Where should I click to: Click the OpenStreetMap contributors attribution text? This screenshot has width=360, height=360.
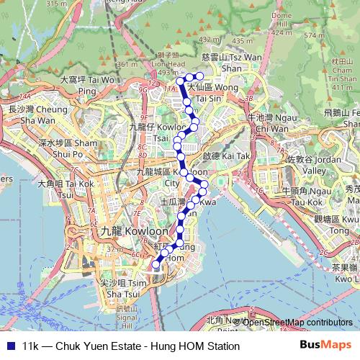pyautogui.click(x=297, y=322)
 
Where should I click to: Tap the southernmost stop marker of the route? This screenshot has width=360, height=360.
pyautogui.click(x=155, y=265)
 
